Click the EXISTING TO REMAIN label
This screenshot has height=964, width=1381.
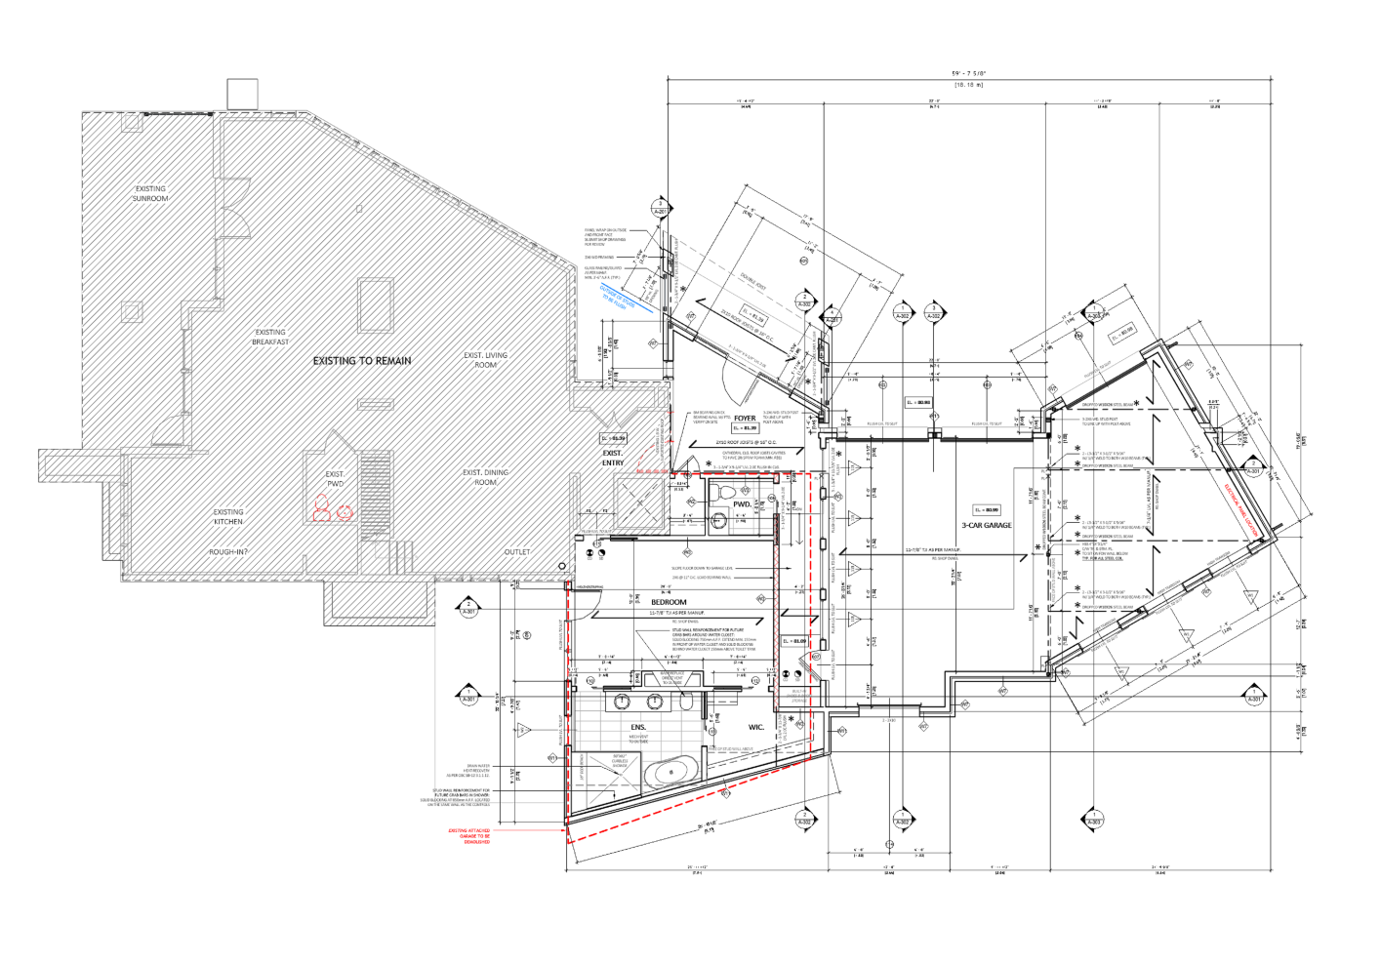tap(362, 361)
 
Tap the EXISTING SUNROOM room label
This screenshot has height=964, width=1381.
tap(150, 194)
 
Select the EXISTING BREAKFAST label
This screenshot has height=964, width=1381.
tap(270, 338)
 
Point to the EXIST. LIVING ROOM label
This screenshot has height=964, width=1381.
tap(485, 360)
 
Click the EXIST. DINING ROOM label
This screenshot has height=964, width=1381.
tap(485, 477)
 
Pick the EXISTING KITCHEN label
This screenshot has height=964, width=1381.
tap(228, 516)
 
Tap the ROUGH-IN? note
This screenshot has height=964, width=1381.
tap(227, 552)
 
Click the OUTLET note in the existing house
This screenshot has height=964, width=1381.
tap(517, 552)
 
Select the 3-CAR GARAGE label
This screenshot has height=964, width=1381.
tap(987, 526)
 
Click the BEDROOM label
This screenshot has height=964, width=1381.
tap(669, 603)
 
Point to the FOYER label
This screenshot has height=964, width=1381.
tap(745, 419)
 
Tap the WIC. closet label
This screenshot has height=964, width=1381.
tap(756, 727)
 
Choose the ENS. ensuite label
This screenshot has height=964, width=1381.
tap(638, 728)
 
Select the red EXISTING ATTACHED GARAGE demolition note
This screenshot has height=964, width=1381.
tap(469, 836)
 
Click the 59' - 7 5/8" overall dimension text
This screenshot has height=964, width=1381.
tap(968, 74)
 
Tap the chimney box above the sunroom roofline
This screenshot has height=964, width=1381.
tap(242, 95)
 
